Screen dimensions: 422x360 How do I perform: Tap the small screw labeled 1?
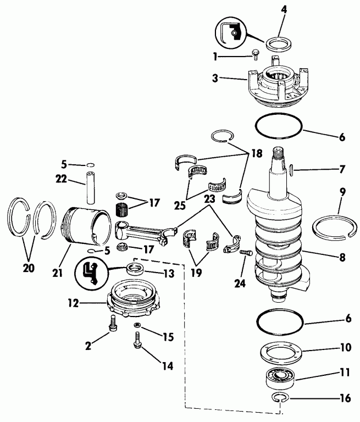[254, 54]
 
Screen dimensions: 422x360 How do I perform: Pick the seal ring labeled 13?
[135, 269]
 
